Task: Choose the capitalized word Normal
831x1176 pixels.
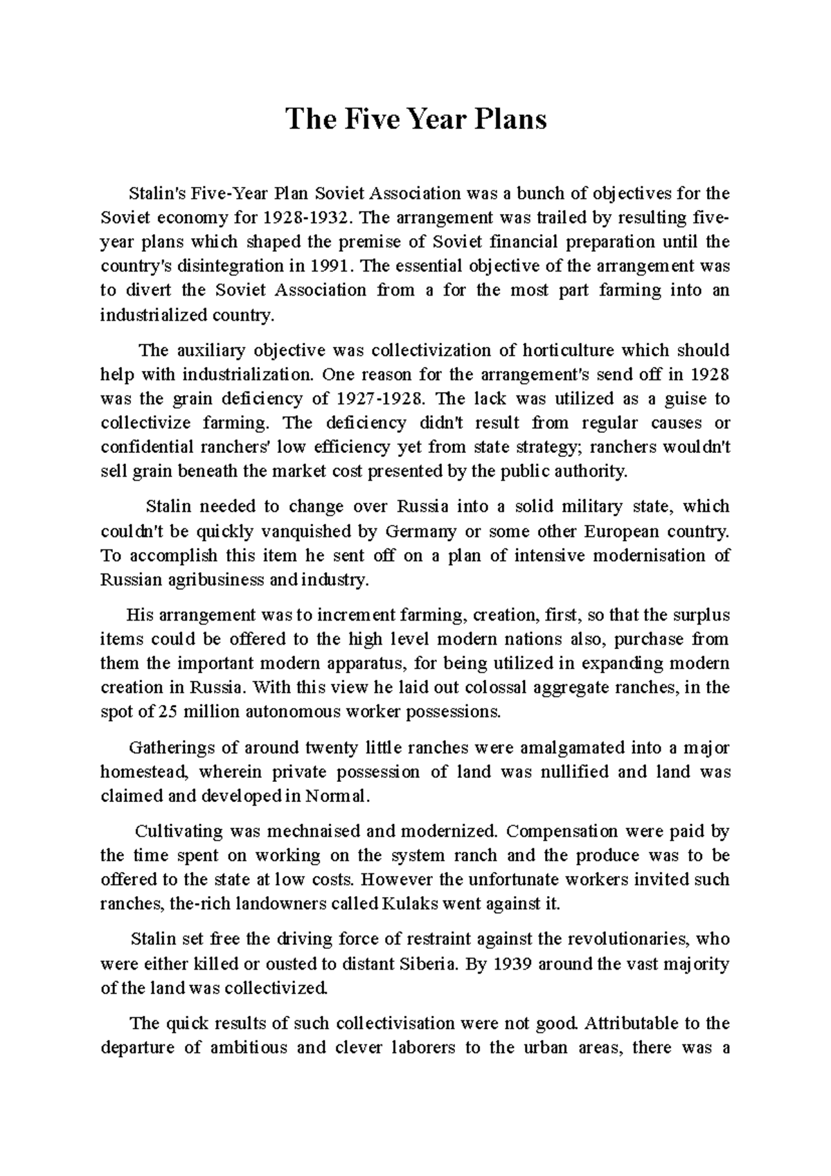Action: [x=337, y=796]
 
